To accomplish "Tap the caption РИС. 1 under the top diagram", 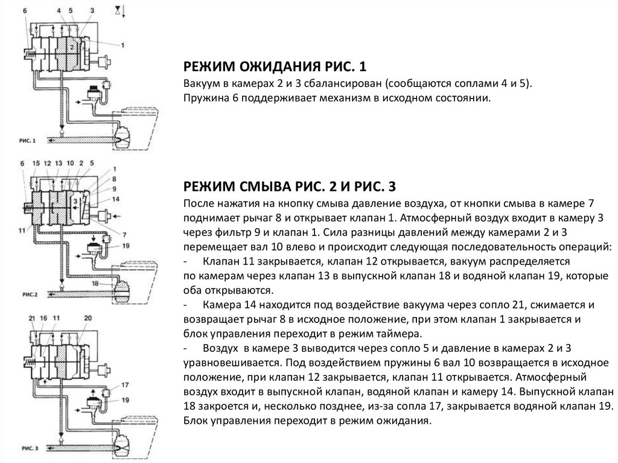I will tap(28, 141).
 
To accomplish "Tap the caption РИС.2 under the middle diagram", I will tap(28, 294).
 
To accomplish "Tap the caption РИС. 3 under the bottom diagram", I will tap(28, 449).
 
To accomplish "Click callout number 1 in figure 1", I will tap(123, 45).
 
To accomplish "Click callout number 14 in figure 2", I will tap(116, 199).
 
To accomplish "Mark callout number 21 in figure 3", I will tap(31, 318).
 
